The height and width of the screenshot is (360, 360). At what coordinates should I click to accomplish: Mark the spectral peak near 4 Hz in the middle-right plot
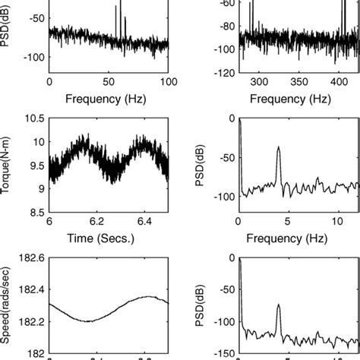279,147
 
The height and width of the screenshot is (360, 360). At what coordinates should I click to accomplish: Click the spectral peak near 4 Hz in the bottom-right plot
278,305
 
